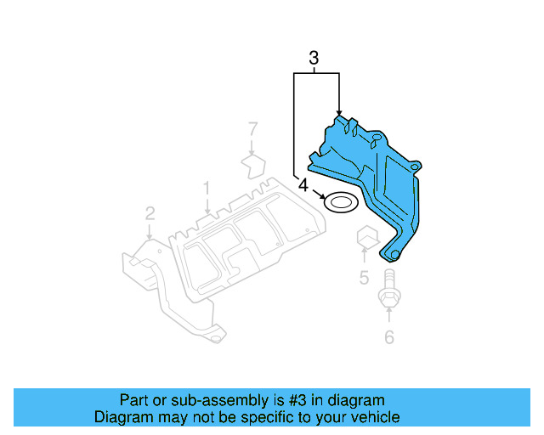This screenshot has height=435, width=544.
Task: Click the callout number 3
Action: pos(314,59)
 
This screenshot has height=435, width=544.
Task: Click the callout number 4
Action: pos(303,184)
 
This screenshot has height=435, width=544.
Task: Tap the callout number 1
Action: pos(206,186)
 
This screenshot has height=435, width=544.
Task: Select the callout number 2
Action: pos(150,212)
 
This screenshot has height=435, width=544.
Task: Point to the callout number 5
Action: pos(363,277)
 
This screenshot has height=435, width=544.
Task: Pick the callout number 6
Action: pos(389,337)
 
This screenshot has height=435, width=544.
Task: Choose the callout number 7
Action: pos(252,128)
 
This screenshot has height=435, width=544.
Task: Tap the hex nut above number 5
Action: pos(365,238)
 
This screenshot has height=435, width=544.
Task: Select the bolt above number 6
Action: pos(388,294)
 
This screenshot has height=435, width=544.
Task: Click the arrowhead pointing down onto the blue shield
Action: pos(339,112)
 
